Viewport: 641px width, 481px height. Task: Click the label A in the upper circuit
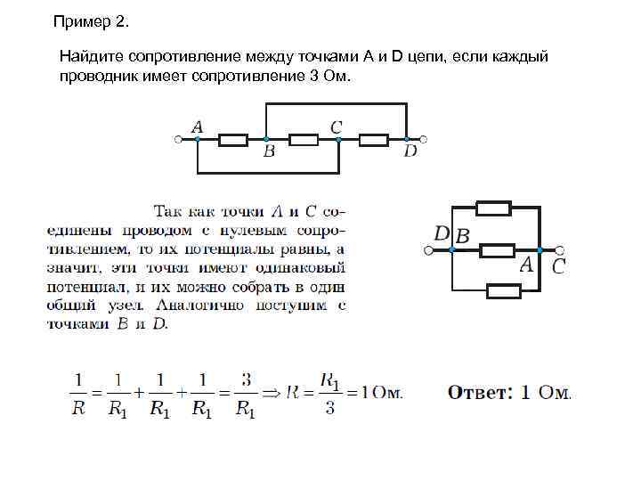197,127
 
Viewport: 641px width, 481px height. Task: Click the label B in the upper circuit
269,151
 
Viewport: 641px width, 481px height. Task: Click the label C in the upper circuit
336,127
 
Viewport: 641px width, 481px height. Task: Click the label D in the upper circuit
410,151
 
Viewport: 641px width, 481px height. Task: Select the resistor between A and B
233,139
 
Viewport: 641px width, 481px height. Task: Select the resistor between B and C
304,139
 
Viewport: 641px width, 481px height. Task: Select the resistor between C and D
374,139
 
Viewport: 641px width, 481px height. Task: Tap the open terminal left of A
177,139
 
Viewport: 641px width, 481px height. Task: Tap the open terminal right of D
424,139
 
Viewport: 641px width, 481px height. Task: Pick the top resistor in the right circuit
494,208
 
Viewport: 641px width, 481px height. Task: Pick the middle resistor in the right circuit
498,250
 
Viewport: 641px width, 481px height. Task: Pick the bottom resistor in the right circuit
504,289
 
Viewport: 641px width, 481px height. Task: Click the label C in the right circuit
558,265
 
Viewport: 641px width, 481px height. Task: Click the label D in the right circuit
442,233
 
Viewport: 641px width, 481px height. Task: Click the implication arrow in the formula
271,391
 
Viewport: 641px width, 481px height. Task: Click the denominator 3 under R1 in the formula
329,410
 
